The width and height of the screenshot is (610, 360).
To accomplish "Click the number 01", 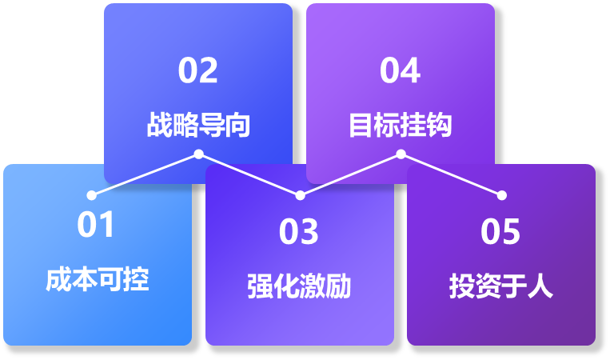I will click(97, 225).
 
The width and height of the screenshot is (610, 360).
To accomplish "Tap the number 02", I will click(197, 70).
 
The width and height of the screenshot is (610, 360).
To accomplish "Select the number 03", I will click(299, 232).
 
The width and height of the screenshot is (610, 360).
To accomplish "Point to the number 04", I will click(400, 70).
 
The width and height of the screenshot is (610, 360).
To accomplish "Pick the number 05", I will click(500, 232).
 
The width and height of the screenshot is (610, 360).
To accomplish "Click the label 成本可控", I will click(97, 280).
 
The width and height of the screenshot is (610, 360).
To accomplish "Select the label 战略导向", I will click(198, 126).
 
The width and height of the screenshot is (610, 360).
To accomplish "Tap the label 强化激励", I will click(299, 286).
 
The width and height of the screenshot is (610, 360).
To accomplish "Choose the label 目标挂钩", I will click(400, 126).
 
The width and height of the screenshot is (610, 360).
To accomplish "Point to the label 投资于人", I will click(500, 286).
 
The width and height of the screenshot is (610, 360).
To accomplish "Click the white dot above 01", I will click(91, 195).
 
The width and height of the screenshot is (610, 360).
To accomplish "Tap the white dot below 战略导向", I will click(198, 154).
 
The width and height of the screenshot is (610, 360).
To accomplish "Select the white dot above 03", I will click(300, 195).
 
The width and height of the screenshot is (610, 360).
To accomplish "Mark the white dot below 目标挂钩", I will click(401, 154).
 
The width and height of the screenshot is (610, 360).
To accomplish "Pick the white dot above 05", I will click(502, 195).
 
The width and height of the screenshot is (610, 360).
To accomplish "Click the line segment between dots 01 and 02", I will click(145, 174).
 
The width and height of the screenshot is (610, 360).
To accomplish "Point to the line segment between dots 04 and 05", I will click(452, 174).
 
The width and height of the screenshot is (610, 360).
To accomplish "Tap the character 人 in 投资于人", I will click(540, 286).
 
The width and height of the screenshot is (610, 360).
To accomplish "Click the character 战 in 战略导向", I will click(159, 126).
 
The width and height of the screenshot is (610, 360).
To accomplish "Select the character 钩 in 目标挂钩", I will click(439, 126).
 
